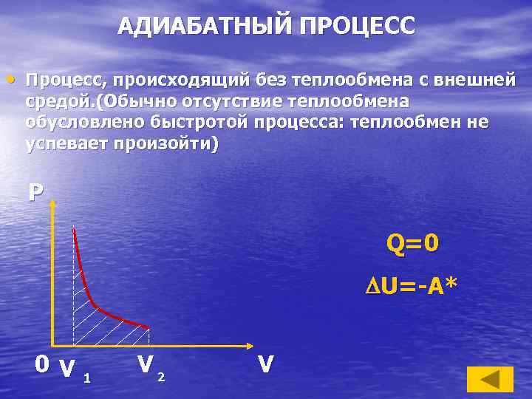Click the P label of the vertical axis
pos(35,192)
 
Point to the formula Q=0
pos(412,243)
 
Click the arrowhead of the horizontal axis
pos(249,345)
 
